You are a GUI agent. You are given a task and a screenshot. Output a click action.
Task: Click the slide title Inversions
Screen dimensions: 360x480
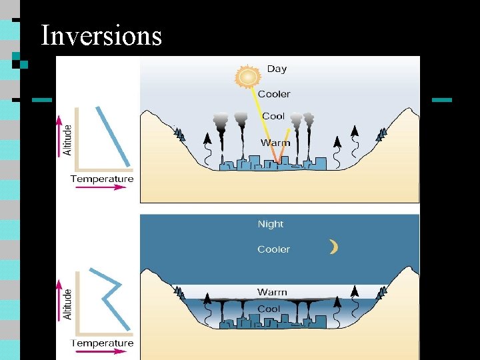coord(101,35)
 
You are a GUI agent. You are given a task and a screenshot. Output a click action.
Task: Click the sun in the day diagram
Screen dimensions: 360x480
coord(247,77)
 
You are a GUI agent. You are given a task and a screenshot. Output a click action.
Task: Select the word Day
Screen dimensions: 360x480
coord(277,69)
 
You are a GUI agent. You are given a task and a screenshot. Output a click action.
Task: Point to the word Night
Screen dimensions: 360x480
coord(271,224)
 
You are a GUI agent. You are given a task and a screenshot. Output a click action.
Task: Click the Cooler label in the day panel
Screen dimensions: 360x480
coord(274,93)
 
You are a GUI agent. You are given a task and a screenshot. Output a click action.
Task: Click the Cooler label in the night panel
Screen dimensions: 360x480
coord(274,249)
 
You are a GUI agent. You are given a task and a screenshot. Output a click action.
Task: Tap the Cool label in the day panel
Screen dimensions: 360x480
coord(273,116)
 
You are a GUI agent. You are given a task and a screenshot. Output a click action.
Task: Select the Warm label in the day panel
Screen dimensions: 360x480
coord(275,143)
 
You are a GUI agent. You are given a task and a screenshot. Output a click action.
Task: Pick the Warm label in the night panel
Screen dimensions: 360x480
coord(272,292)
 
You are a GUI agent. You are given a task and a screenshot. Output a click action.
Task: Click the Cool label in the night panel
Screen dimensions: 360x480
coord(269,309)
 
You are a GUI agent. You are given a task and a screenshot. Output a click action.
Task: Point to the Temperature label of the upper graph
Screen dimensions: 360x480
coord(102,178)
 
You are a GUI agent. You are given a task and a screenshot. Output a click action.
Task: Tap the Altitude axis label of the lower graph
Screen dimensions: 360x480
coord(67,303)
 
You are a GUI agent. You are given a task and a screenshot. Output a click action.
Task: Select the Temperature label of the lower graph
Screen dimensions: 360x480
coord(102,343)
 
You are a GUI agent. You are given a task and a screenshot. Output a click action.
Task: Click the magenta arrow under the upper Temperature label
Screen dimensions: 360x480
coord(100,187)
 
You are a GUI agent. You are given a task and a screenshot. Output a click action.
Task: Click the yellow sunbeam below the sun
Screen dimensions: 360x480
coord(265,120)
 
